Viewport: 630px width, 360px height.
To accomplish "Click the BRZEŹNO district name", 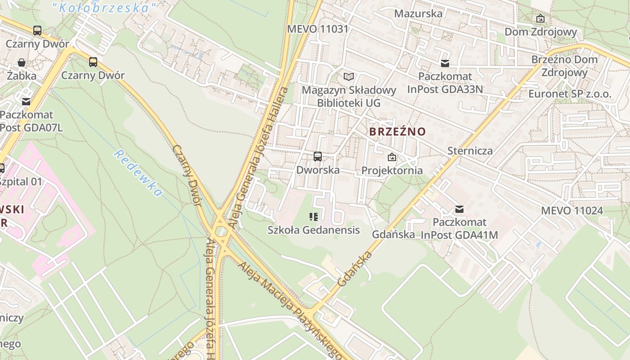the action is click(397, 132).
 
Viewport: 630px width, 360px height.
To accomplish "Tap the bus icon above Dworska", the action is click(318, 157).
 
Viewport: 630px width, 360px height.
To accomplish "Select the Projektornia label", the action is click(392, 171).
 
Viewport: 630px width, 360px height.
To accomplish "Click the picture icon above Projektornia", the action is click(392, 157).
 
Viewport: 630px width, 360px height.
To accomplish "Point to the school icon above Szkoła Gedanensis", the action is click(314, 217).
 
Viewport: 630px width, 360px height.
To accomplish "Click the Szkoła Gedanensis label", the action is click(314, 230).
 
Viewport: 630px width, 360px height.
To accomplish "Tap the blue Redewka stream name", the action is click(137, 173).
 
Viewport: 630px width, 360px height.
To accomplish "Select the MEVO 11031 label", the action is click(318, 29).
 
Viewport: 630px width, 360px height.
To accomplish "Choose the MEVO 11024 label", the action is click(571, 211).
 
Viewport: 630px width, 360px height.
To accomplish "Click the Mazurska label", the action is click(418, 13).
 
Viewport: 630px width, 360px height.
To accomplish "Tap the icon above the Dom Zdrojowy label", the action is click(540, 18).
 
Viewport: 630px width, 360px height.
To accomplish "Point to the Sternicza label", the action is click(470, 151).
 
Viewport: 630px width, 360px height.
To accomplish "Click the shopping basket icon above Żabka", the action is click(22, 63).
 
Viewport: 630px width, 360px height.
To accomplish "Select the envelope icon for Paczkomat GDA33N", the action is click(445, 63).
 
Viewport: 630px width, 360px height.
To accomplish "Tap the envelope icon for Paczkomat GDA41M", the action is click(459, 209).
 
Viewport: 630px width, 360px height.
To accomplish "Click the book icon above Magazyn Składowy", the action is click(349, 76).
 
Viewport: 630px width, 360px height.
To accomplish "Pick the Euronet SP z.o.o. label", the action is click(570, 94).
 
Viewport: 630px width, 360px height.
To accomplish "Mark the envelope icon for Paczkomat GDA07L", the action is click(26, 102).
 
